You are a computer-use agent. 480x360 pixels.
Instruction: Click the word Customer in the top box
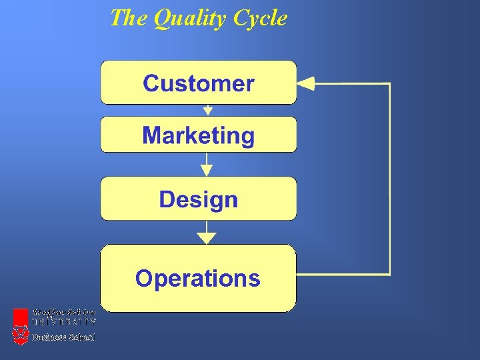click(x=198, y=84)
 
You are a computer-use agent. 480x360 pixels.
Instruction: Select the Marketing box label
click(x=198, y=136)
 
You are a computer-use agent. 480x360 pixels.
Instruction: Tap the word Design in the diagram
click(x=198, y=199)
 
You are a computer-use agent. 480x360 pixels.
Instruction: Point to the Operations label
click(x=197, y=278)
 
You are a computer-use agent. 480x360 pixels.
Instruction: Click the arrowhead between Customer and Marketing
click(x=207, y=111)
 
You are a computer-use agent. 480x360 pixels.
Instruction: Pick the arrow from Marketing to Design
click(x=207, y=165)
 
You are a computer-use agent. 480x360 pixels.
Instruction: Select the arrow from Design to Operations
click(x=207, y=233)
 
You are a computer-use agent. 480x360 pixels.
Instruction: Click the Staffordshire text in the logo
click(x=64, y=313)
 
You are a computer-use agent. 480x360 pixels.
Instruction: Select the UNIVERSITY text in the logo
click(x=64, y=321)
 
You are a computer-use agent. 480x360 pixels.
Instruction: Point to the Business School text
click(x=64, y=337)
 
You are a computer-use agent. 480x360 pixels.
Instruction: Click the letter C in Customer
click(x=151, y=84)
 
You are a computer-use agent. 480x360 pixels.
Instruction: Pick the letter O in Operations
click(x=143, y=278)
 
